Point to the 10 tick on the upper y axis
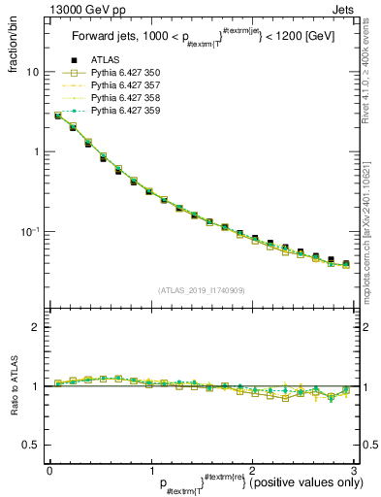[33, 73]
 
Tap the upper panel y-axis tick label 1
[36, 152]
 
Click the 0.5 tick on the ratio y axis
[30, 445]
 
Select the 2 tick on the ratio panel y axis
[36, 327]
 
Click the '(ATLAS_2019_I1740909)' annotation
[201, 290]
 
